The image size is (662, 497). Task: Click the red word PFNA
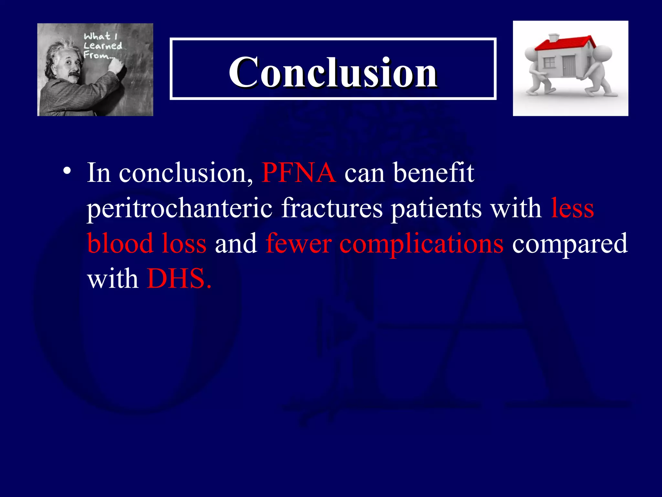tap(299, 173)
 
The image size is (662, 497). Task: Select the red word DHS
tap(179, 279)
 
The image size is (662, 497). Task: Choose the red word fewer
tap(298, 244)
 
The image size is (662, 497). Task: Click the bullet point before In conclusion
tap(67, 171)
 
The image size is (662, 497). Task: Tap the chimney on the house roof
tap(554, 38)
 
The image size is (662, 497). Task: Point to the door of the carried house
tap(569, 66)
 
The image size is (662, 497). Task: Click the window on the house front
tap(549, 62)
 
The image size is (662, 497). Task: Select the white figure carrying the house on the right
tap(600, 70)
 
